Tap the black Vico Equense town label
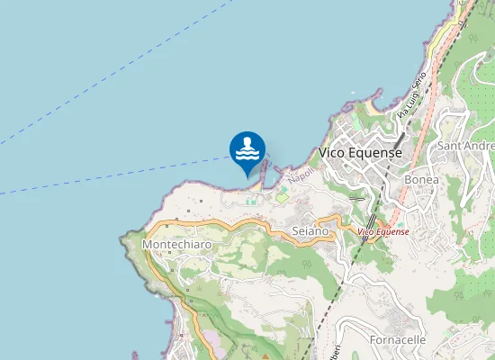360,153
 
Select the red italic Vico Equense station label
383,232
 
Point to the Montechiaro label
177,244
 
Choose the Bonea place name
422,179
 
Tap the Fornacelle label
397,339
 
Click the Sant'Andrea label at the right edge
465,145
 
